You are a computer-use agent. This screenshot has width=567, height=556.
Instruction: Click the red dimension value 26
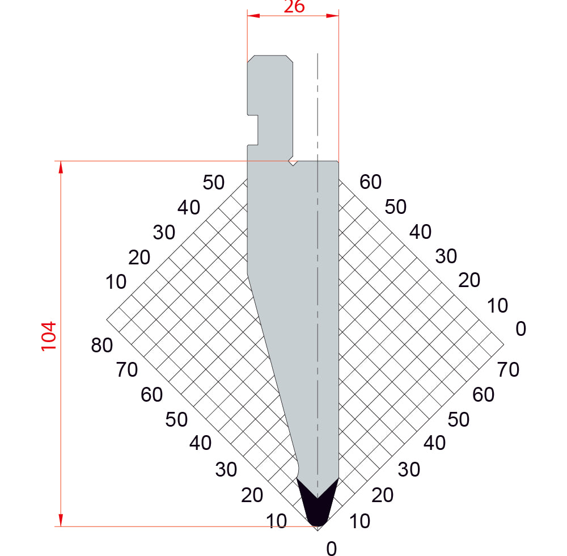pos(294,6)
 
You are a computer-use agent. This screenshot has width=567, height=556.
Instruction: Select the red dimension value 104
pos(48,336)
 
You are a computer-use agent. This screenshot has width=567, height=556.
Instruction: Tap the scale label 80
pos(102,345)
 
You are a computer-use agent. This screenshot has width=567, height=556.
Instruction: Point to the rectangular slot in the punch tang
pos(253,130)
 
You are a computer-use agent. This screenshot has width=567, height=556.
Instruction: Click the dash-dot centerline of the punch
pos(318,275)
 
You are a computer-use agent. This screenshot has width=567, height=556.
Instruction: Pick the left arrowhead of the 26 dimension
pos(253,15)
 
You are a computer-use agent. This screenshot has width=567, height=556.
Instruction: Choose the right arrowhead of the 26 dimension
pos(332,15)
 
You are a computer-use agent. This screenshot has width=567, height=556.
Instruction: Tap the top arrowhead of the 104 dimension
pos(61,167)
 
